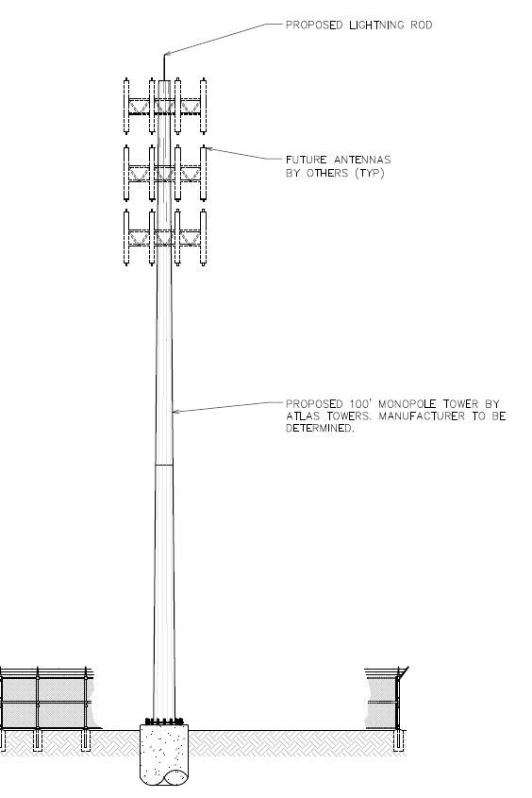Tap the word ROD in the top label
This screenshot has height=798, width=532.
(x=422, y=25)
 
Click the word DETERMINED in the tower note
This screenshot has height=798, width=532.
(x=320, y=429)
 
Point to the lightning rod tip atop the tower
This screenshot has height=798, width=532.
(x=164, y=55)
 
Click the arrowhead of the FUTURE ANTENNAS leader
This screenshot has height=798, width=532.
(x=208, y=148)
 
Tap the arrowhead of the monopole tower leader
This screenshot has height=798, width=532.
(x=175, y=411)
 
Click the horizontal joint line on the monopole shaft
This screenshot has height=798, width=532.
(x=163, y=465)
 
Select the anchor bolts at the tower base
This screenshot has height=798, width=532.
(x=163, y=721)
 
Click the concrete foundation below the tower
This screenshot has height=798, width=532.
(x=163, y=755)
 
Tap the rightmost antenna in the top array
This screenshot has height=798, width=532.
(x=203, y=106)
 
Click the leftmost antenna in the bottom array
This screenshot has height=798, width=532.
(x=126, y=238)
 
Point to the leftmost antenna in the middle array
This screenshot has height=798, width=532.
(x=126, y=174)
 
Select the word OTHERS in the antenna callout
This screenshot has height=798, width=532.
(x=327, y=173)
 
